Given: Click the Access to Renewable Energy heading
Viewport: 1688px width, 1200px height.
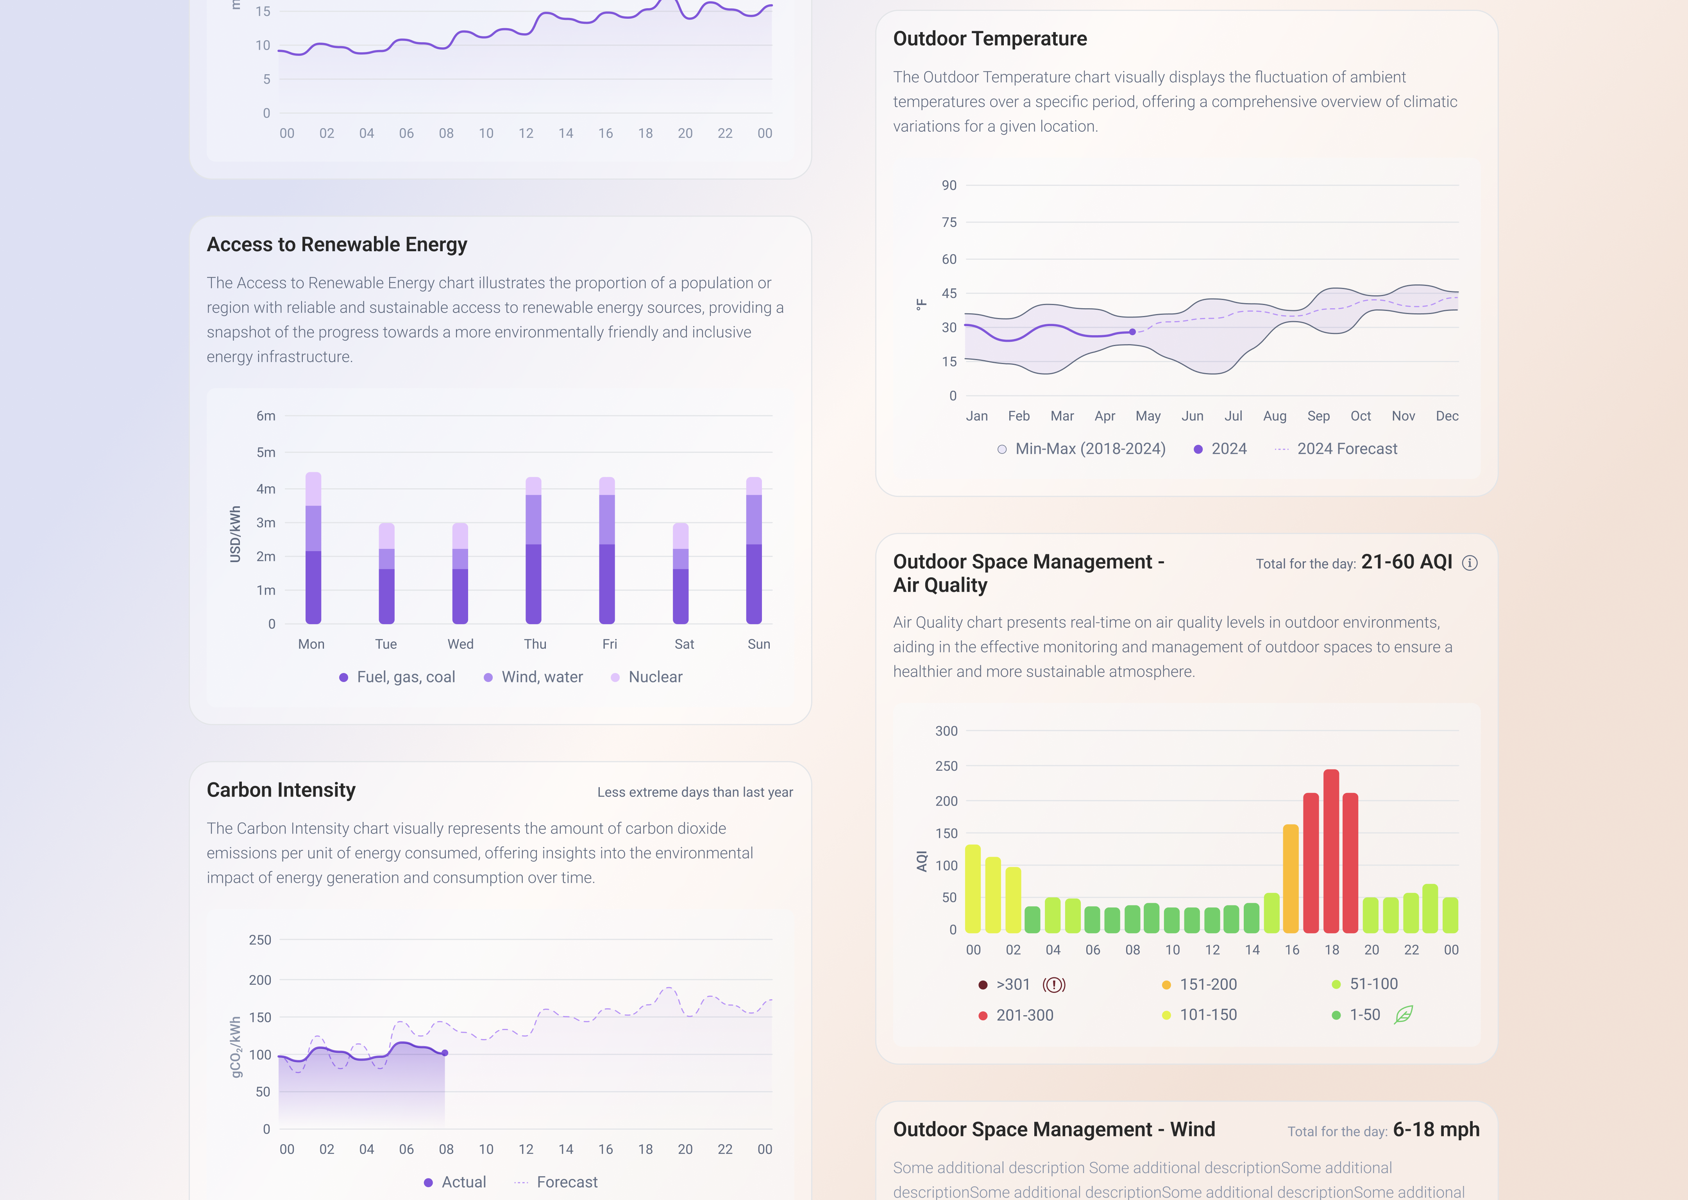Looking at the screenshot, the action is click(x=337, y=245).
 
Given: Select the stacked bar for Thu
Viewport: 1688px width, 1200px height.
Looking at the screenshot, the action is click(x=534, y=550).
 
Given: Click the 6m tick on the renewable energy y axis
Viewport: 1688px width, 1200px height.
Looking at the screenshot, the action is click(x=266, y=416).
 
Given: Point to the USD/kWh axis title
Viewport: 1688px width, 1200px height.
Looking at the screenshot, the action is click(x=235, y=534).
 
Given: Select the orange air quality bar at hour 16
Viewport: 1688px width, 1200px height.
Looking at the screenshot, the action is click(x=1291, y=879).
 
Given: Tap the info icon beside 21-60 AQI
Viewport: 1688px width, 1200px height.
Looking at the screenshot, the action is click(x=1470, y=563).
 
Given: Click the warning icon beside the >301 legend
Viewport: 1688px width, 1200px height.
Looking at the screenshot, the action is click(x=1054, y=984).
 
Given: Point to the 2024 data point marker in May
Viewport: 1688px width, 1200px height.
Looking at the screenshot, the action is click(x=1132, y=332).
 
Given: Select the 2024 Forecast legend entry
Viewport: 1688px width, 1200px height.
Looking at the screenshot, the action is click(x=1336, y=448).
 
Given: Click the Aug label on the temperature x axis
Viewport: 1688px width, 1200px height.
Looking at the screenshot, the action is click(x=1275, y=416).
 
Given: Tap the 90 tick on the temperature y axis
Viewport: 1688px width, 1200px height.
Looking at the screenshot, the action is click(x=949, y=186).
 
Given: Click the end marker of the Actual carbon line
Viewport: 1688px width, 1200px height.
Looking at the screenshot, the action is click(x=445, y=1053).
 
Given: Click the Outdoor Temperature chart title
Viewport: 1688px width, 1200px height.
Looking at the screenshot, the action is click(x=990, y=38).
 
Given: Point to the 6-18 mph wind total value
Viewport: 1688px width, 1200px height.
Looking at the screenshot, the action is click(x=1436, y=1130).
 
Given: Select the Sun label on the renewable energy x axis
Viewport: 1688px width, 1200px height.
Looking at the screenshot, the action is click(x=759, y=644).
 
